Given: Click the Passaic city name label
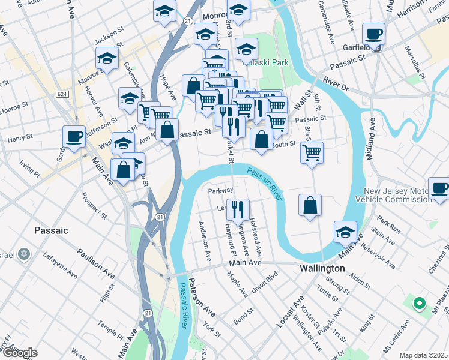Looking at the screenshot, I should (x=51, y=230).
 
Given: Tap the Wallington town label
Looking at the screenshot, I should (x=322, y=268).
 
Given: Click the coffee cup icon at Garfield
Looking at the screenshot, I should (x=373, y=34).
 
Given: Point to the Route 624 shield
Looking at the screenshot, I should (x=62, y=94).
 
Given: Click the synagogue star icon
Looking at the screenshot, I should (x=25, y=254).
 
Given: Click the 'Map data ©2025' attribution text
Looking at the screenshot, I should (x=424, y=355).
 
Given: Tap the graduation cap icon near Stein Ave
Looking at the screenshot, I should (x=346, y=232).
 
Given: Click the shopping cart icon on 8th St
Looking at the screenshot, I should (x=312, y=152).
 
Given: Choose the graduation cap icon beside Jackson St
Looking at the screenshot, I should (x=107, y=58).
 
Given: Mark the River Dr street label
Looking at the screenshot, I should (x=335, y=83).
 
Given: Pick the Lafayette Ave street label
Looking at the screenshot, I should (x=60, y=265).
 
